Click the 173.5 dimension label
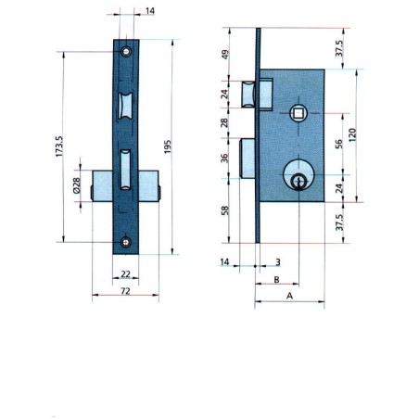(x=59, y=146)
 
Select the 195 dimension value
(x=167, y=146)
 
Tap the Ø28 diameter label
(x=76, y=185)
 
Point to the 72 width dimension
(x=125, y=291)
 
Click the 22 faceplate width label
(x=125, y=273)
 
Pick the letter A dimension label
(x=289, y=296)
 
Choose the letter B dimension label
(x=277, y=280)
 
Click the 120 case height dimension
(x=352, y=135)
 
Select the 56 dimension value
(x=339, y=144)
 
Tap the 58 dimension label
(x=225, y=210)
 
